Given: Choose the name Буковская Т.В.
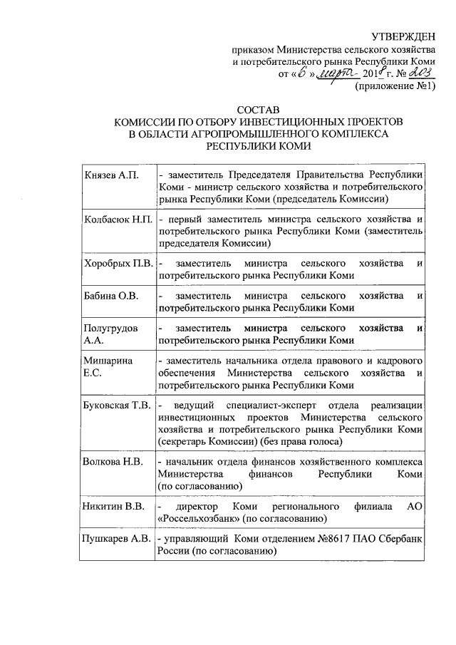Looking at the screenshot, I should pos(116,406).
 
